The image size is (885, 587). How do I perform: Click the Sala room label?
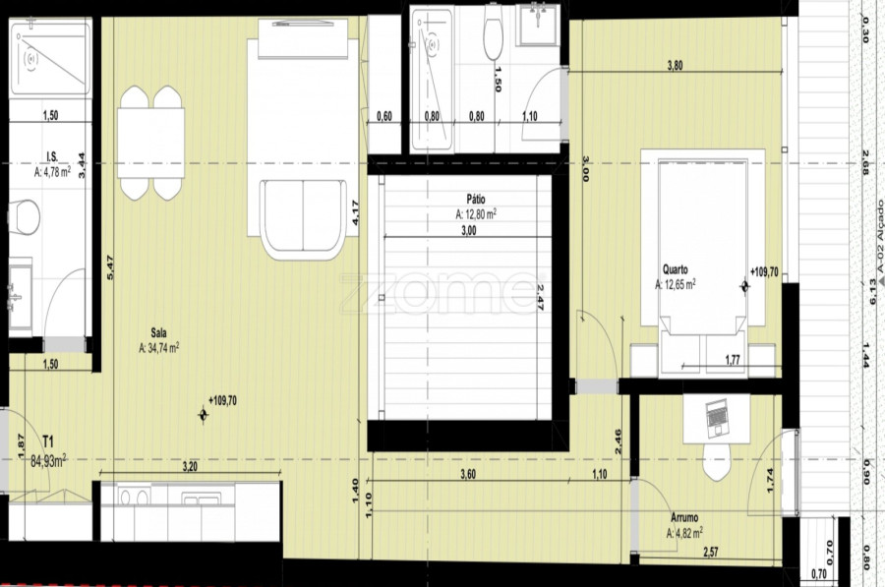tap(158, 333)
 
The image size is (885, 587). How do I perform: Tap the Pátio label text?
tap(475, 200)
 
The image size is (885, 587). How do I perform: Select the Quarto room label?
tap(675, 269)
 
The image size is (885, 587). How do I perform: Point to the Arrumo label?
tap(684, 517)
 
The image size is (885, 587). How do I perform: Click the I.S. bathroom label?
tap(52, 156)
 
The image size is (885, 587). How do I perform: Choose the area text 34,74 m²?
tap(158, 348)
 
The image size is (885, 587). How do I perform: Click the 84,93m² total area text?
tap(48, 462)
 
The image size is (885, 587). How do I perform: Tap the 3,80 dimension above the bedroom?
tap(675, 66)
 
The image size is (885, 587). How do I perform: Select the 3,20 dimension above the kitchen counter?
tap(190, 466)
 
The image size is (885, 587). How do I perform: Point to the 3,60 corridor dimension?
tap(468, 474)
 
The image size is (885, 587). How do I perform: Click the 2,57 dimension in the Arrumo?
tap(711, 552)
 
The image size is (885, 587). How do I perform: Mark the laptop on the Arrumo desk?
tap(717, 417)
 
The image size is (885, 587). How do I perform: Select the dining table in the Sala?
tap(150, 143)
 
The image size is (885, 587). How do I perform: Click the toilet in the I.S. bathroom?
tap(24, 217)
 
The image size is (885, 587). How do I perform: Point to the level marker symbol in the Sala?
tap(204, 415)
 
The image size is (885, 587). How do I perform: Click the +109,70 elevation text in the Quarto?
tap(764, 272)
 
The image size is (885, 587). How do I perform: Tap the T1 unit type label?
tap(48, 440)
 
